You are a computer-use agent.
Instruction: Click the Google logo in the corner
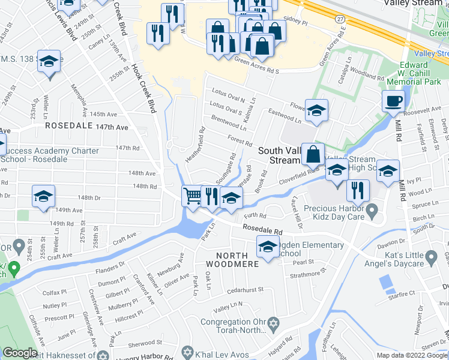pyautogui.click(x=20, y=353)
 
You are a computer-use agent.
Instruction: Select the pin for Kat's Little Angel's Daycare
pyautogui.click(x=431, y=257)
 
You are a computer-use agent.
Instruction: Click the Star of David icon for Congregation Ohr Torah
pyautogui.click(x=274, y=325)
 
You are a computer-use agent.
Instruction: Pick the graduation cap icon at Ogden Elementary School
pyautogui.click(x=268, y=245)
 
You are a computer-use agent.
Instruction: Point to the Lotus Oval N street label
pyautogui.click(x=228, y=95)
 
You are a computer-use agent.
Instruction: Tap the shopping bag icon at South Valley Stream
pyautogui.click(x=313, y=154)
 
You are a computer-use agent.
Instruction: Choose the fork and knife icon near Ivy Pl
pyautogui.click(x=358, y=190)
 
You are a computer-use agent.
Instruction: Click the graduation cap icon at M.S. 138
pyautogui.click(x=49, y=62)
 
